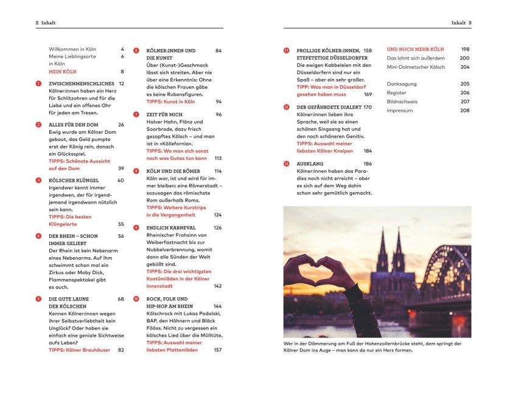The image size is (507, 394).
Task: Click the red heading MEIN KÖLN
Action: coord(63,71)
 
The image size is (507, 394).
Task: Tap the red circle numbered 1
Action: coord(38,83)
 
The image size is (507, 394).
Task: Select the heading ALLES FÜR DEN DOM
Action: coord(73,125)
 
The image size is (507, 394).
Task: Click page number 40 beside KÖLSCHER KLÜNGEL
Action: coord(120,181)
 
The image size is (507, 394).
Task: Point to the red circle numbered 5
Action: coord(38,299)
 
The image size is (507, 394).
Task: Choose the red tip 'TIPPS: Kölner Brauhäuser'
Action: coord(79,350)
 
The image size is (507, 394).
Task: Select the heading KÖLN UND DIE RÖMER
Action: coord(175,171)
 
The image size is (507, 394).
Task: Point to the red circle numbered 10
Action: coord(136,299)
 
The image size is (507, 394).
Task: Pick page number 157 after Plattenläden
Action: coord(217,350)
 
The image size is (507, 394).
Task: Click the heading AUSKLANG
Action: coord(310,164)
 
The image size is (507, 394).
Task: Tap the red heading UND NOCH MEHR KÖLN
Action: coord(415,49)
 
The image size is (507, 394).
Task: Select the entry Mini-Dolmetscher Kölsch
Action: coord(419,67)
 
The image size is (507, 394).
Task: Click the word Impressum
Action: coord(400,111)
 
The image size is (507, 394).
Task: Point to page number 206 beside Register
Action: coord(465,93)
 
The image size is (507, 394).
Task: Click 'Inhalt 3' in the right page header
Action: coord(461,22)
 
